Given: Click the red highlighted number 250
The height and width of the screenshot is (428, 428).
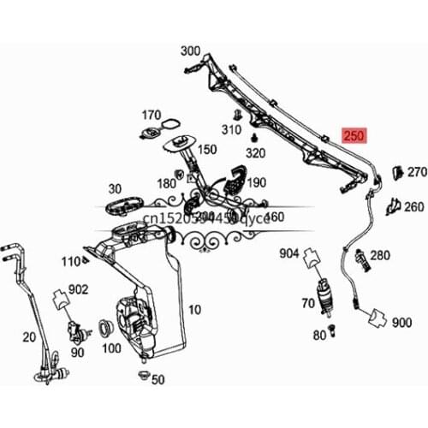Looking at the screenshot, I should click(x=354, y=134).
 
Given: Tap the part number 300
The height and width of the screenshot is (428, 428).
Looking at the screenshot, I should click(x=190, y=51).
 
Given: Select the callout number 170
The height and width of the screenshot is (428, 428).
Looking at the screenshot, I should click(x=152, y=114).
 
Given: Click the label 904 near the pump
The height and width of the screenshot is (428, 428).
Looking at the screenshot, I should click(x=289, y=253).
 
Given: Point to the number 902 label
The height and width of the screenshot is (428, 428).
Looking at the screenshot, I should click(x=79, y=290).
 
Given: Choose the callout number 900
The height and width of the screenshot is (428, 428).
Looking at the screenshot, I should click(x=401, y=324).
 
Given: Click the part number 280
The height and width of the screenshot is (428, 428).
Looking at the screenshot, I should click(x=380, y=255).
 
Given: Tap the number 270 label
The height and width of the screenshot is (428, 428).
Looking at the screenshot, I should click(x=416, y=172).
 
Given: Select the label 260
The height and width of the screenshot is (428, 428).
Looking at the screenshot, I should click(x=413, y=206).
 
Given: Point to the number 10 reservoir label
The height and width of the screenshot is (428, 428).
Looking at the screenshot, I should click(x=195, y=309).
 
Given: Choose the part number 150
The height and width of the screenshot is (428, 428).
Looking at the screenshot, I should click(x=207, y=149).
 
